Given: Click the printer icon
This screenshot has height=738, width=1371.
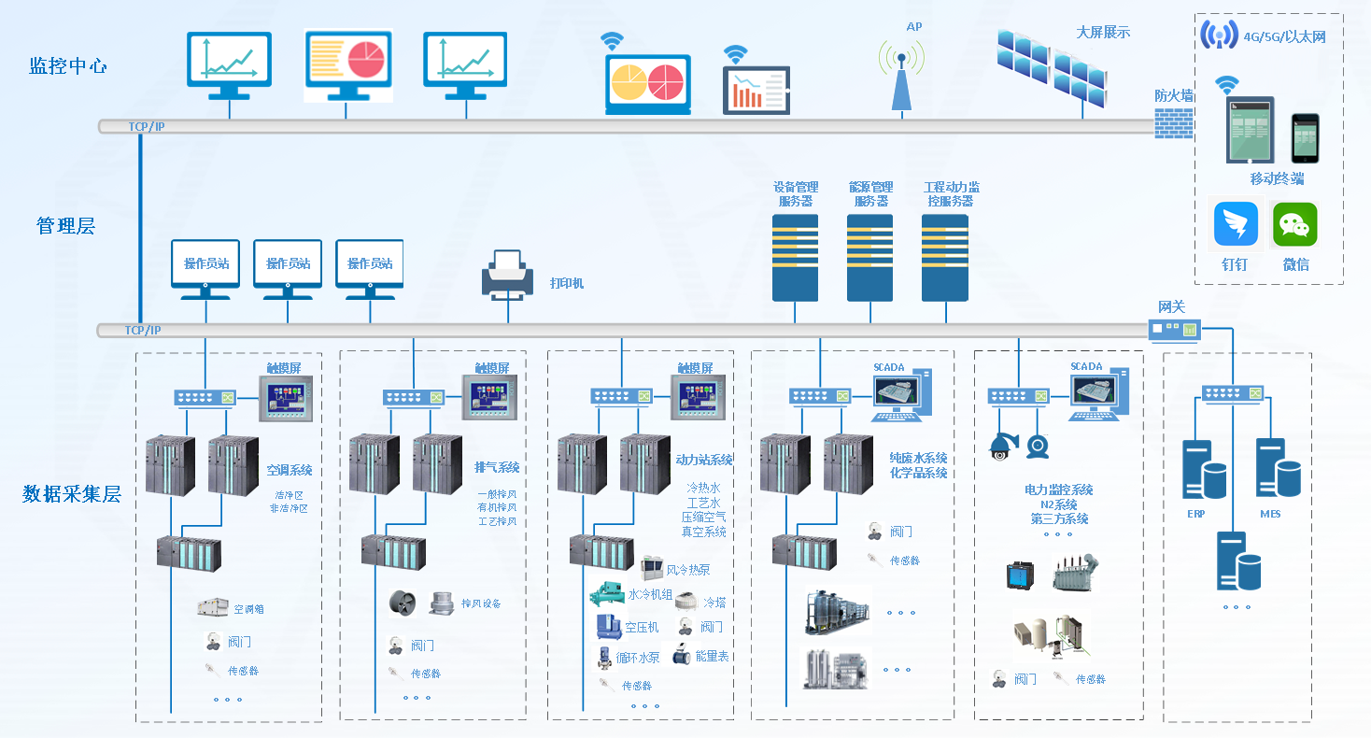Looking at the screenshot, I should pyautogui.click(x=507, y=276).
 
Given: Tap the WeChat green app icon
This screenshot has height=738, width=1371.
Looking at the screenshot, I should pyautogui.click(x=1294, y=225).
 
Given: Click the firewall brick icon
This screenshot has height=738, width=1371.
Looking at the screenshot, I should pyautogui.click(x=1174, y=122).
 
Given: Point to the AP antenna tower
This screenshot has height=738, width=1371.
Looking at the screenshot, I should pyautogui.click(x=901, y=79).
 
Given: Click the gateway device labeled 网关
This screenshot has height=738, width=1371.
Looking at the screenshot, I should pyautogui.click(x=1174, y=329).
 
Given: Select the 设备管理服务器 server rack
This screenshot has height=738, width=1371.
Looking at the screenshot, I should pyautogui.click(x=795, y=257).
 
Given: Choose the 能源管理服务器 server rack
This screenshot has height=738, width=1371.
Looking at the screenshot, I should pyautogui.click(x=869, y=257).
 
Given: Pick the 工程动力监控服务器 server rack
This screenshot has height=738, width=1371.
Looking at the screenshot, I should pyautogui.click(x=944, y=257).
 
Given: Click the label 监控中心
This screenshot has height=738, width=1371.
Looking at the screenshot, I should pyautogui.click(x=68, y=66).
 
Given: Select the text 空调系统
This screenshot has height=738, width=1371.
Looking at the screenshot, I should pyautogui.click(x=290, y=470).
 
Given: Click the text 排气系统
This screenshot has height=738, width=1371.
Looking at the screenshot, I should pyautogui.click(x=497, y=467).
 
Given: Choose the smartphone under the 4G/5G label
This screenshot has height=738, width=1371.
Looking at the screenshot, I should pyautogui.click(x=1305, y=138).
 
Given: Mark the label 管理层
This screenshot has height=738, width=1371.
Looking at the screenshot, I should pyautogui.click(x=65, y=225).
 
